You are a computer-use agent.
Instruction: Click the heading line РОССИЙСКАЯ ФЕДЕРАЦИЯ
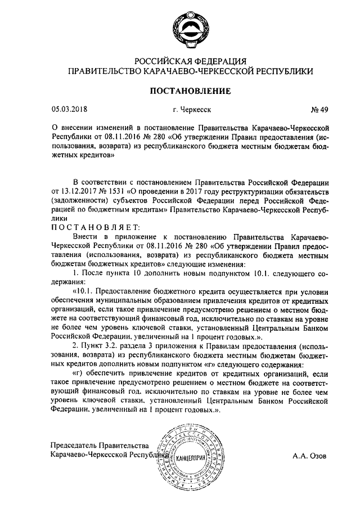[188, 61]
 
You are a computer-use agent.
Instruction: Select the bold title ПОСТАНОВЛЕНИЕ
[188, 90]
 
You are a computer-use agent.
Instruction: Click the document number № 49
[316, 110]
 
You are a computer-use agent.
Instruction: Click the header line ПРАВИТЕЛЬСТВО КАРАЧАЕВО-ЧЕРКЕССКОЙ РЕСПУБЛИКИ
[188, 71]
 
